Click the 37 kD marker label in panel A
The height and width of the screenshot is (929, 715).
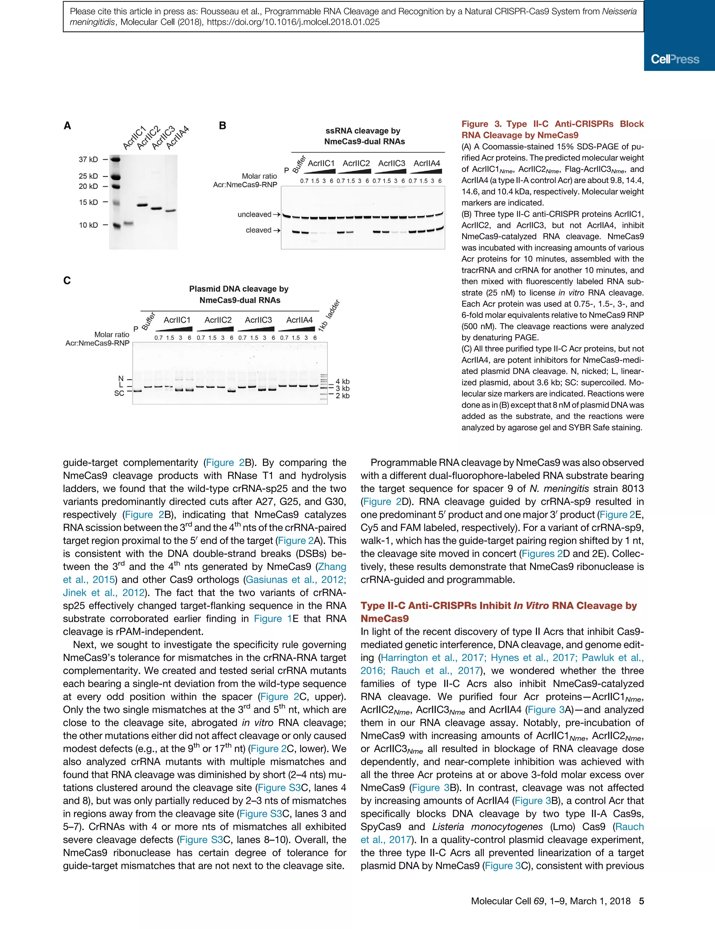(x=88, y=160)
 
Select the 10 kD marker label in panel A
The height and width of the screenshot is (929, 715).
(x=88, y=225)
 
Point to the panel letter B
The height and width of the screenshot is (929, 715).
(x=222, y=126)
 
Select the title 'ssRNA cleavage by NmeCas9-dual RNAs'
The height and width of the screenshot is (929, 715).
(x=364, y=136)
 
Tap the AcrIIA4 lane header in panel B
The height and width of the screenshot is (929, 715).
(x=426, y=164)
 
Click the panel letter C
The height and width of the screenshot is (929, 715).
(x=67, y=281)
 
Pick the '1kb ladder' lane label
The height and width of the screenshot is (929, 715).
(x=330, y=315)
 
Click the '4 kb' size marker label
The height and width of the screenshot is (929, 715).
(x=342, y=382)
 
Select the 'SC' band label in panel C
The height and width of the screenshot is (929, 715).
(x=119, y=393)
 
